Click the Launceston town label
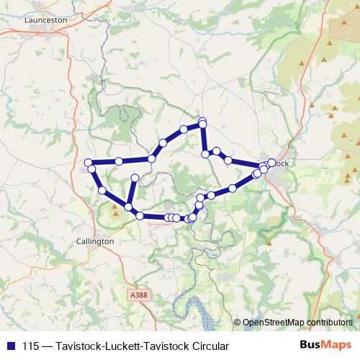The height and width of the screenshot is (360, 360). [45, 20]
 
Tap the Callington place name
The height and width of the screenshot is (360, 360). [95, 242]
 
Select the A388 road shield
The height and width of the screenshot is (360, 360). [139, 294]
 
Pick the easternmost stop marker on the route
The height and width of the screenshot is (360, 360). [271, 162]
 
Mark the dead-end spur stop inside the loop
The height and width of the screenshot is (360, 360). [135, 177]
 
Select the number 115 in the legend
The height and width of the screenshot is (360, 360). [31, 346]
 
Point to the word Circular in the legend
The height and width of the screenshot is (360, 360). [210, 346]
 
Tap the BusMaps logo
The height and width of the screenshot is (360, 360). [326, 346]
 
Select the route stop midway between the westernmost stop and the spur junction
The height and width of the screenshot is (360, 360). [103, 191]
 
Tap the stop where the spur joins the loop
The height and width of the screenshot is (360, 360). [128, 207]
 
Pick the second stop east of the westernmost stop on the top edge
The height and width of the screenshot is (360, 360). [152, 158]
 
